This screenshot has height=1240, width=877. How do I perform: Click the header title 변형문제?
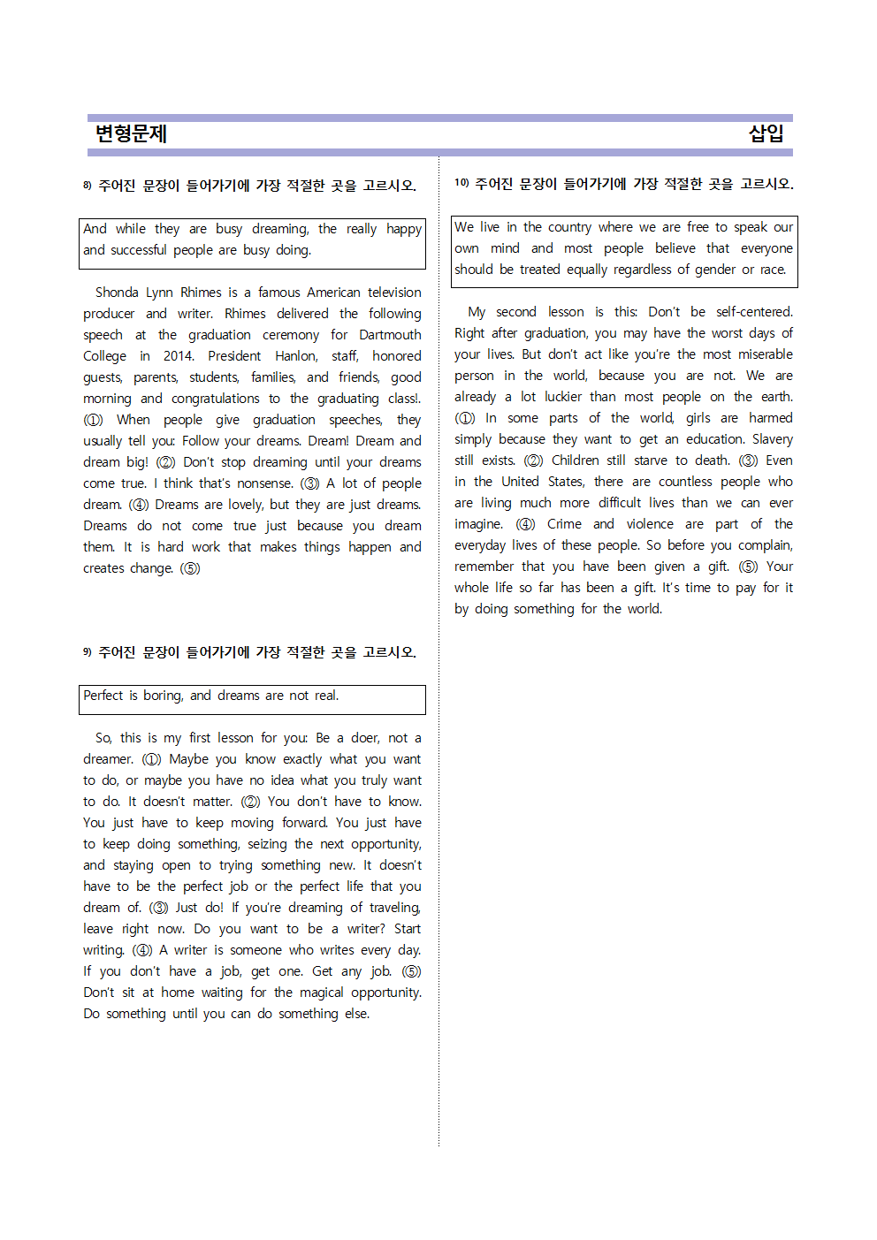tap(131, 133)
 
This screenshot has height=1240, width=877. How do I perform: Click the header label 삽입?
tap(766, 133)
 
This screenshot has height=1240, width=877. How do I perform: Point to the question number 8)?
tap(88, 186)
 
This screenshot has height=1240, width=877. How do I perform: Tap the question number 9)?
tap(88, 652)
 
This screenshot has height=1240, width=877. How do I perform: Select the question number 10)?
tap(461, 183)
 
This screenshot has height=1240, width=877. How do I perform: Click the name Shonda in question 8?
tap(117, 293)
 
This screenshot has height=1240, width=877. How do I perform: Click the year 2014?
tap(178, 356)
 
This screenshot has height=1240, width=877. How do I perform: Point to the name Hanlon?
tap(296, 356)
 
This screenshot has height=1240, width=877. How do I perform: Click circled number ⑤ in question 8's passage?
tap(190, 568)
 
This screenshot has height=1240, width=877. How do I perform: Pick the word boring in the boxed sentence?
tap(163, 696)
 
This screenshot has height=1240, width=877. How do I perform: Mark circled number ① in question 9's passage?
tap(151, 759)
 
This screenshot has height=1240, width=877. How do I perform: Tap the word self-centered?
tap(754, 312)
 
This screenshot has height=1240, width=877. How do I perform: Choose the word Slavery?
tap(772, 439)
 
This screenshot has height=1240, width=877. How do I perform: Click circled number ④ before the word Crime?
tap(526, 524)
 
